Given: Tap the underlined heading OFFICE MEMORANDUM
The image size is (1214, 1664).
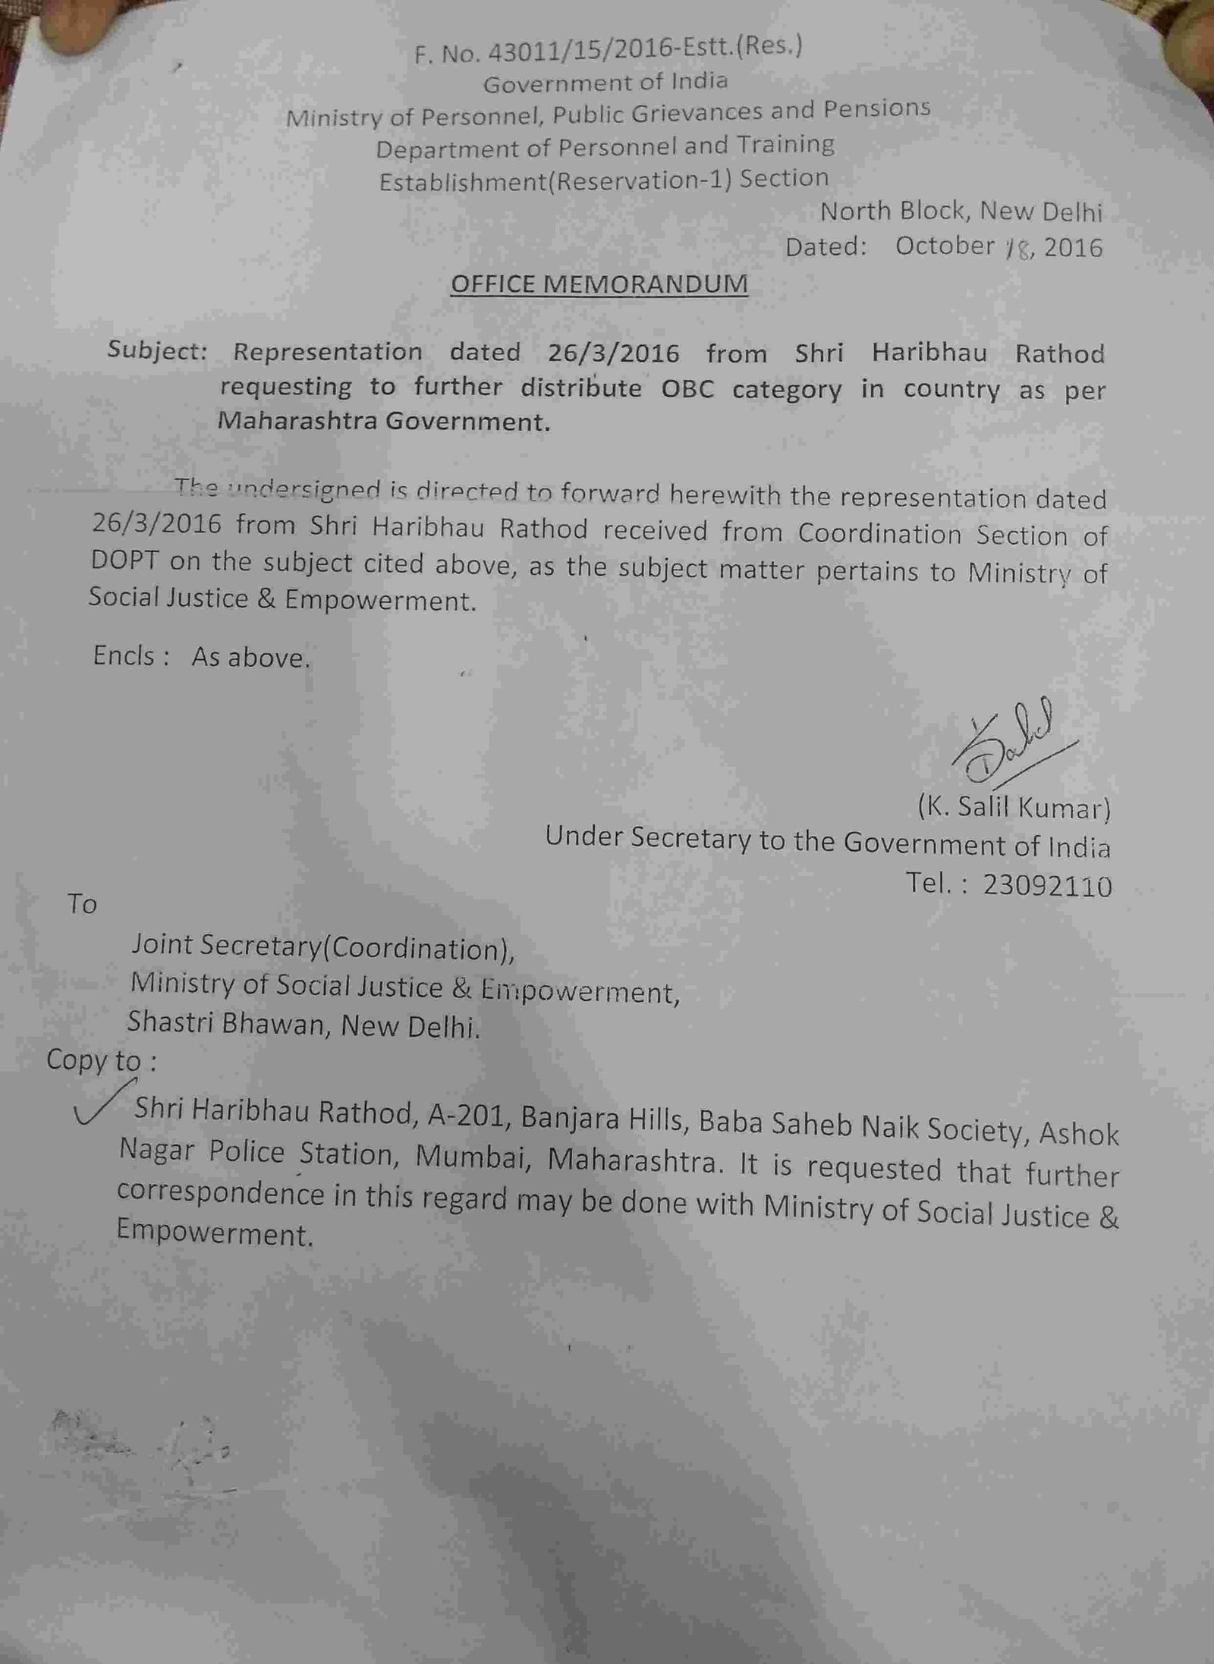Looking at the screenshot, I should click(x=599, y=284).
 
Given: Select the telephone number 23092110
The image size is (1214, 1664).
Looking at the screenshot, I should click(x=1047, y=885).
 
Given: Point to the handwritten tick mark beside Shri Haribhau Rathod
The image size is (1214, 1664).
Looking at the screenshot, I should click(x=99, y=1109).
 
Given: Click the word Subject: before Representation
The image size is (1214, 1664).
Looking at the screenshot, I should click(x=157, y=350).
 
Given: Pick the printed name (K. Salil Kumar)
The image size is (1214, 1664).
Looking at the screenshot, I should click(x=1014, y=808).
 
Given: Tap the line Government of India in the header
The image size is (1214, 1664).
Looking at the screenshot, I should click(x=605, y=82).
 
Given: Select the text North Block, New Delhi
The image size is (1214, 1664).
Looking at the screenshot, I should click(x=961, y=211).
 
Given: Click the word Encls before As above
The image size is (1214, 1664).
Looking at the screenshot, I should click(x=124, y=655).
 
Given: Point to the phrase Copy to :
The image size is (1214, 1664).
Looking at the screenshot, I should click(x=101, y=1060).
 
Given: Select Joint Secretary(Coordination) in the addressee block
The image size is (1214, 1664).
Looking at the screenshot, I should click(x=322, y=947).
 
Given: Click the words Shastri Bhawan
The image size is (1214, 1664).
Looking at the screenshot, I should click(x=225, y=1024).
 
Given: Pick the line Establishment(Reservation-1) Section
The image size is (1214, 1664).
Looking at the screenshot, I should click(x=603, y=181).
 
